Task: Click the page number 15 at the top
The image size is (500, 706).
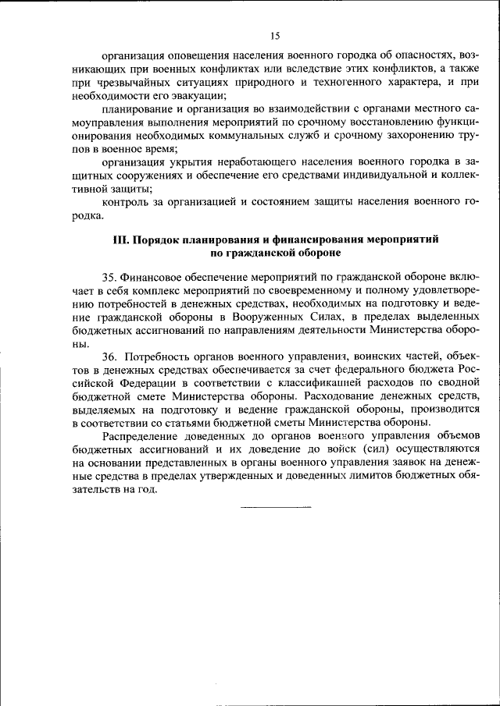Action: click(x=275, y=35)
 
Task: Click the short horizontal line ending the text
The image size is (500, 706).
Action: click(x=275, y=507)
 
